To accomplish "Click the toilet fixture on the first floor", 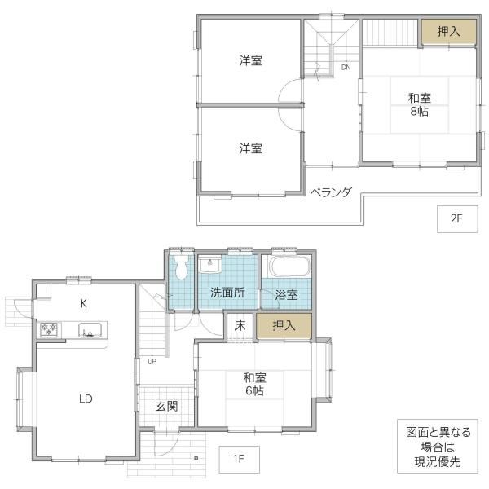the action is click(181, 267).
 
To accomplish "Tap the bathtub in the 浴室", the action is click(290, 267).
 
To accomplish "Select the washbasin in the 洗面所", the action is click(210, 264).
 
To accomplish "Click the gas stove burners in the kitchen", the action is click(49, 329).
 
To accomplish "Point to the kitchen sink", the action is click(90, 330).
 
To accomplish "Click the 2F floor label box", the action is click(457, 219).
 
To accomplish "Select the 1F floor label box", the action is click(239, 460).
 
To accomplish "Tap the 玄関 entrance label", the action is click(166, 407).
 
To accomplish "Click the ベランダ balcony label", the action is click(331, 192).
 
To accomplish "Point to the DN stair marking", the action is click(346, 67).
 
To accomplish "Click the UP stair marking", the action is click(152, 362).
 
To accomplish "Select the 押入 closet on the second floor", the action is click(449, 32).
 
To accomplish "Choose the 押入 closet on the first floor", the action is click(284, 326).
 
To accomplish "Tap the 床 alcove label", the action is click(240, 326).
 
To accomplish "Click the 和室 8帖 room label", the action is click(420, 104).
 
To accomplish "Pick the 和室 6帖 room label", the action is click(255, 384).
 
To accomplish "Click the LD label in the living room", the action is click(86, 399).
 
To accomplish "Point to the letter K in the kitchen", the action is click(84, 303).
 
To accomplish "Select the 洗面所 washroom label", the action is click(227, 293).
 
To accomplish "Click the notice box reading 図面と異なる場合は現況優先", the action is click(438, 447).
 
